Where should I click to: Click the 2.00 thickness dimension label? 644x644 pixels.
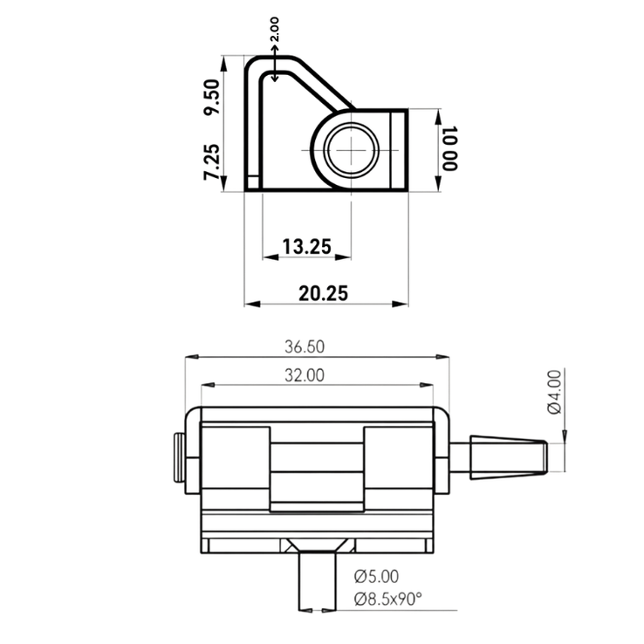click(275, 32)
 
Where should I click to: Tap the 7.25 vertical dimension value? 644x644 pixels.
click(211, 162)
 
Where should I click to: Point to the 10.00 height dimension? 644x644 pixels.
click(449, 148)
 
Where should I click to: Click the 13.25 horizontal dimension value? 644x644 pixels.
click(306, 247)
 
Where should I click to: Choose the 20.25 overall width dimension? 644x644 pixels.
click(324, 293)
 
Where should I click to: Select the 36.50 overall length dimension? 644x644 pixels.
click(304, 346)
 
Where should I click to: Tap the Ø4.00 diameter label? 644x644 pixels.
click(554, 393)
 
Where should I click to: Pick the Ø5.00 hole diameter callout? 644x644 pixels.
click(377, 576)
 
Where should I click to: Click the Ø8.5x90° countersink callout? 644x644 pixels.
click(388, 599)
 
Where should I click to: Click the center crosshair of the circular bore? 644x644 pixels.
click(352, 149)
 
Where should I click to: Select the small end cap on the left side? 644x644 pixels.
click(180, 458)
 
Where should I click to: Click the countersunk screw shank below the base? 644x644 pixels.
click(315, 579)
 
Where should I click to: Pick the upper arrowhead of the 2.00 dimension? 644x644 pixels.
click(275, 52)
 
